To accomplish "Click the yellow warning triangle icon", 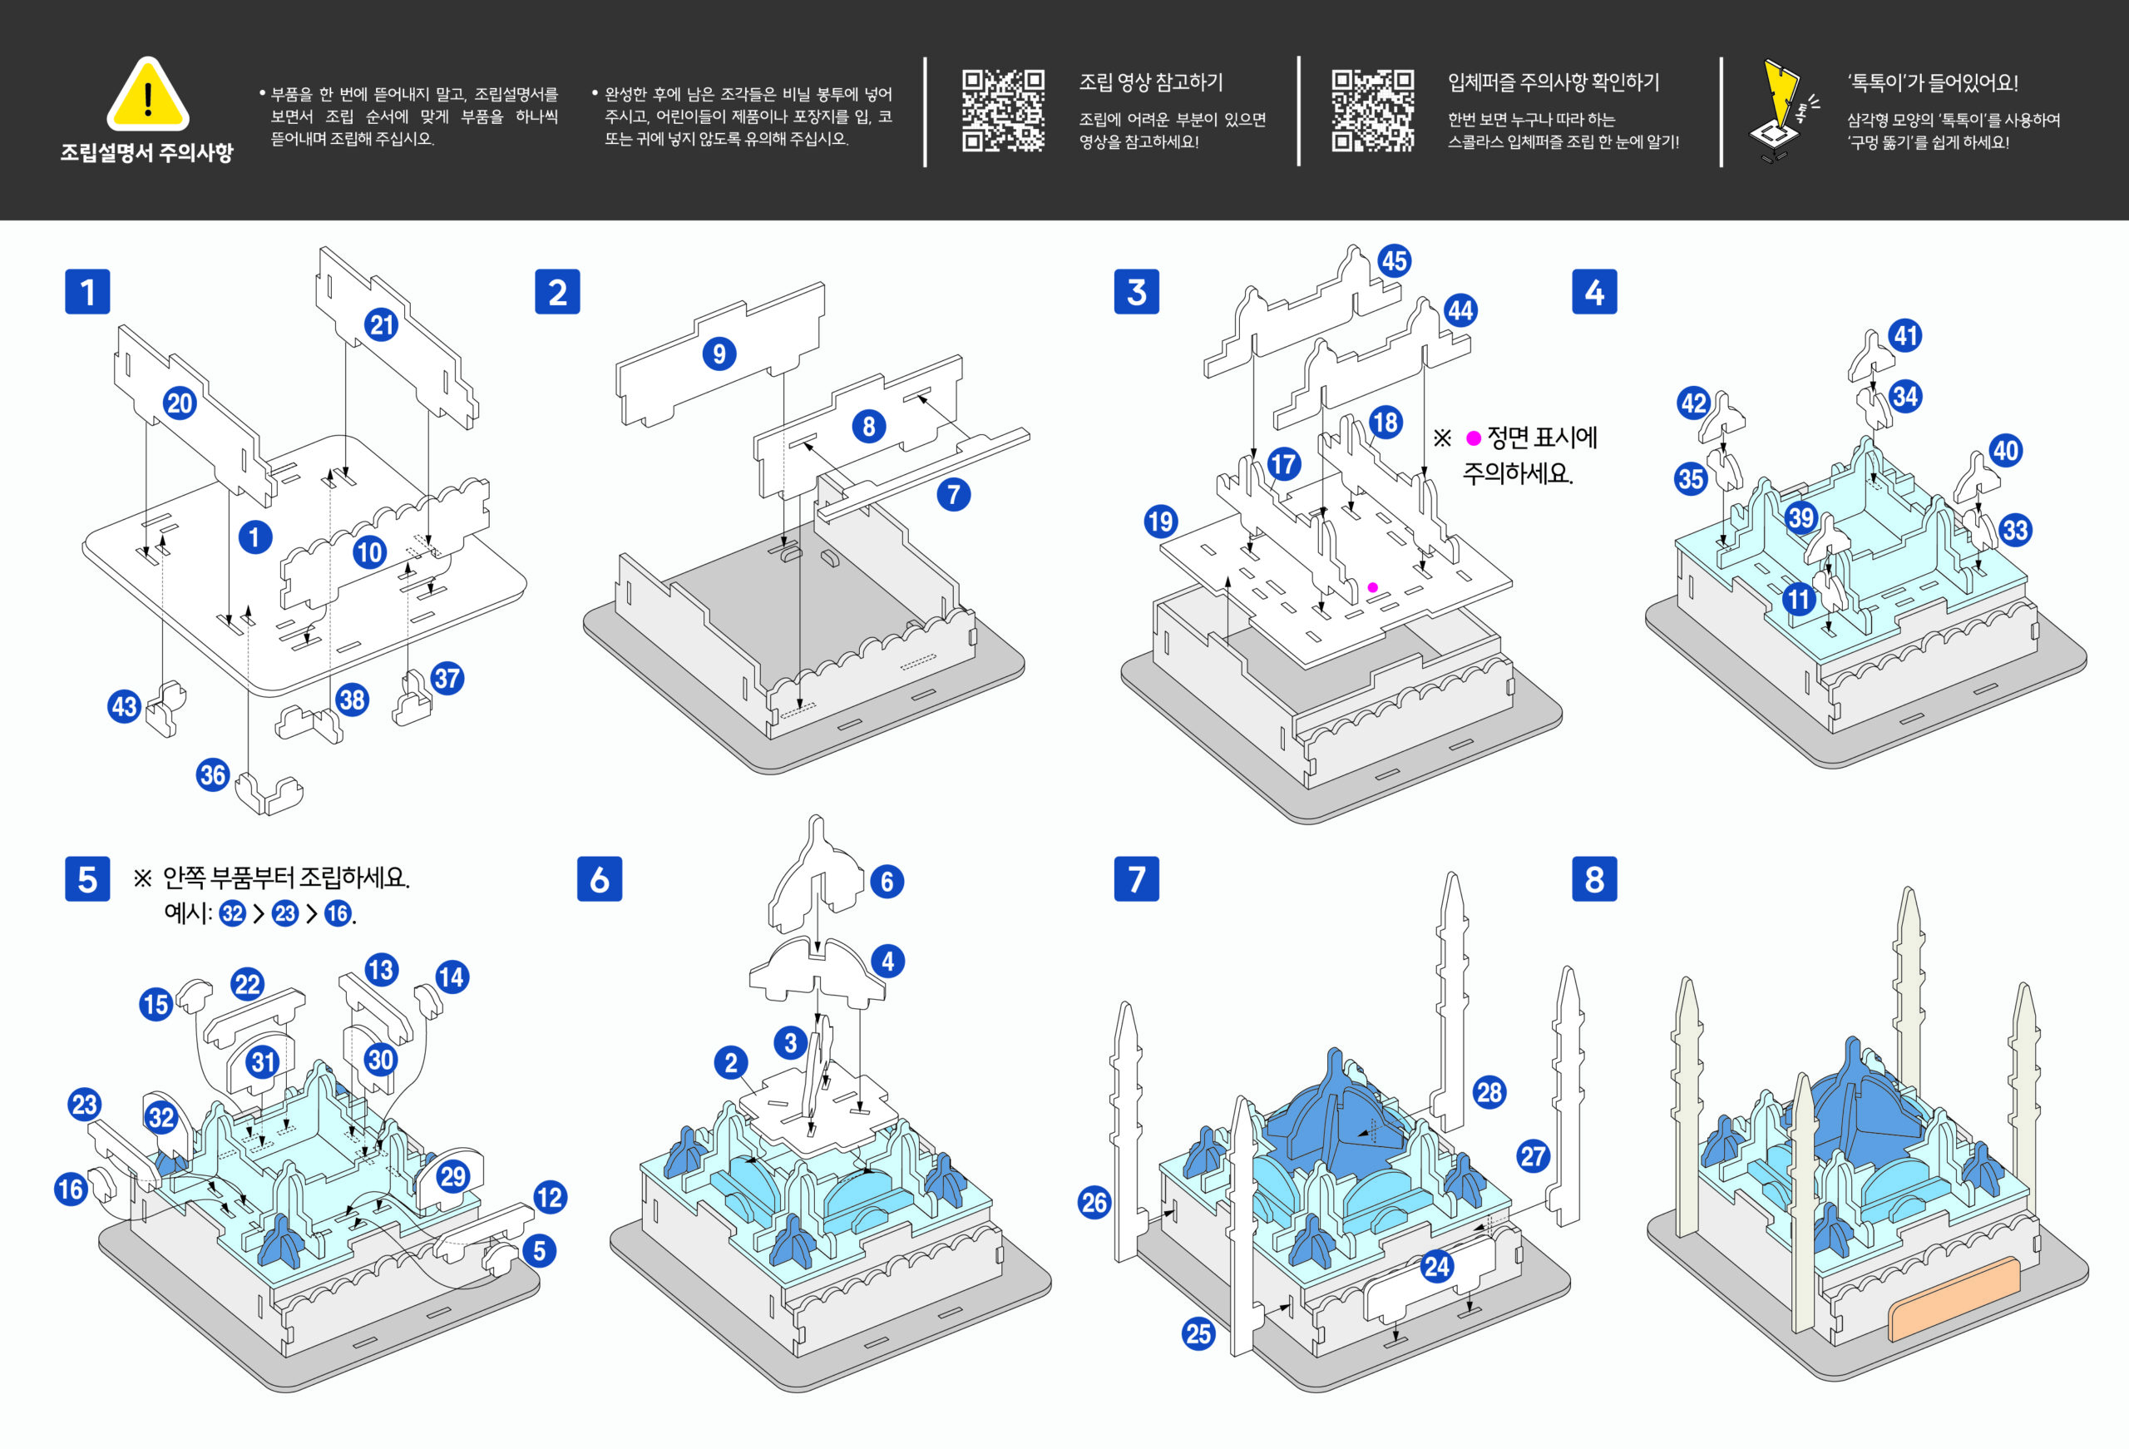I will (147, 96).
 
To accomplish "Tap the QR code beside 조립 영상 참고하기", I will (1003, 110).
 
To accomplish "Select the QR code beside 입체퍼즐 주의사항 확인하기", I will (1372, 110).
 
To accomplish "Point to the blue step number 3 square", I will (1136, 291).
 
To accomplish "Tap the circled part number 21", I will (381, 324).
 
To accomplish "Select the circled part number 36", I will (213, 774).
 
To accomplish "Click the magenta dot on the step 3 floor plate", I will (1372, 587).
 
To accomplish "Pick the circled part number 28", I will (1489, 1091).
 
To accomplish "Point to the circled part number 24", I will (1436, 1267).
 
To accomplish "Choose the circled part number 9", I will (719, 354).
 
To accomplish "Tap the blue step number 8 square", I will (1594, 879).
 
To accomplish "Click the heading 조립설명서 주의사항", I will (146, 152).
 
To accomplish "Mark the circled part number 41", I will (1906, 335).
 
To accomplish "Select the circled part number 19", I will (1161, 522).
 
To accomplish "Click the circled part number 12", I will (550, 1197).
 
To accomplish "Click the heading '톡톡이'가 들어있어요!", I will (1932, 82).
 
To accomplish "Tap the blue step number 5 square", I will (87, 879).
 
